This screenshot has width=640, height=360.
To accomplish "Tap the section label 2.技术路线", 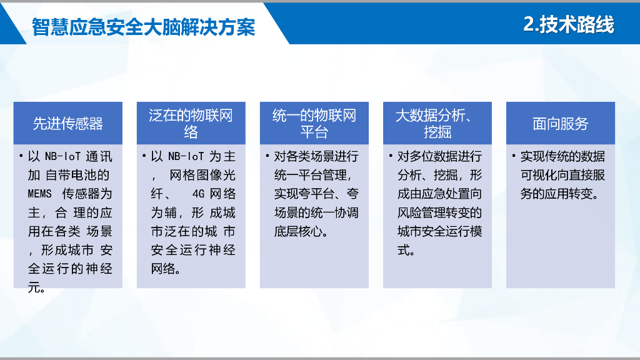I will (568, 24).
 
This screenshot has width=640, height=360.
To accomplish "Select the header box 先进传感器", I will (68, 123).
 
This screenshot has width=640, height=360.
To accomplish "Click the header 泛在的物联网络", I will (191, 123).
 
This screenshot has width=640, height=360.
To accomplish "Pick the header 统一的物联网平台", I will (314, 123).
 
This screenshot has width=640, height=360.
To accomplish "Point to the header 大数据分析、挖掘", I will (437, 123).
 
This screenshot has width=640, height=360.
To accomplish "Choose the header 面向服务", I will (560, 123).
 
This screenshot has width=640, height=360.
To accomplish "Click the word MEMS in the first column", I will (40, 194).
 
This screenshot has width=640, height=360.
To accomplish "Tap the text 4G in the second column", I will (199, 194).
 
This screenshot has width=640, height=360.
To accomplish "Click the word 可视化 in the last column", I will (541, 175).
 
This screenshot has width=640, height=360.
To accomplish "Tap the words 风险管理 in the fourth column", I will (418, 212).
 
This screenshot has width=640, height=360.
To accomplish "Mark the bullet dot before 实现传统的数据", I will (514, 156).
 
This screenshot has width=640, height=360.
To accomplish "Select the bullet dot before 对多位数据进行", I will (391, 156).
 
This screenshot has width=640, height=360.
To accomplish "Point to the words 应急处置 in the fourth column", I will (439, 194).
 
